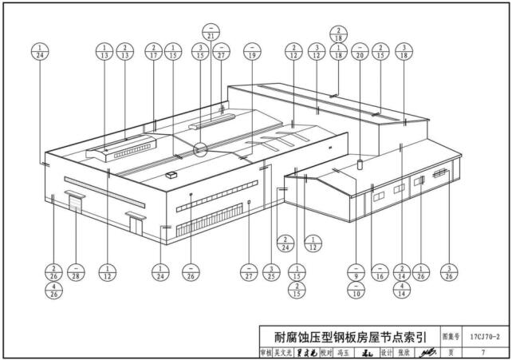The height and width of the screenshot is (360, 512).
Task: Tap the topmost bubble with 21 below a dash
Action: coord(211,33)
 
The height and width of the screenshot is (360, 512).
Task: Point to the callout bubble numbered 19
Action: coord(253,52)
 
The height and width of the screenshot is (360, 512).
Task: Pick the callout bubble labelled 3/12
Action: coord(317,52)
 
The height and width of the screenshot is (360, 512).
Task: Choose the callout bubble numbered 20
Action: coord(360,52)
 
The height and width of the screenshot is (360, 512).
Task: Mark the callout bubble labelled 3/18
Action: coord(406,52)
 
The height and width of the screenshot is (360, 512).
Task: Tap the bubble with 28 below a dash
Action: coord(75,273)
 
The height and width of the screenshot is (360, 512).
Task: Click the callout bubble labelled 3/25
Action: coord(272,273)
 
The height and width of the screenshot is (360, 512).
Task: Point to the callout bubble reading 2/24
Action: coord(284,243)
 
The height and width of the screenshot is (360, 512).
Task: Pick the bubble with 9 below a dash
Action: coord(356,273)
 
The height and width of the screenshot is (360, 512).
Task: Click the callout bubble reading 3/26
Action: coord(451,273)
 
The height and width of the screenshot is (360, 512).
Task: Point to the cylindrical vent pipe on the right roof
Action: coord(360,164)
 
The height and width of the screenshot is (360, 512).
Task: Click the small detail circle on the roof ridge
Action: coord(199,148)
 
